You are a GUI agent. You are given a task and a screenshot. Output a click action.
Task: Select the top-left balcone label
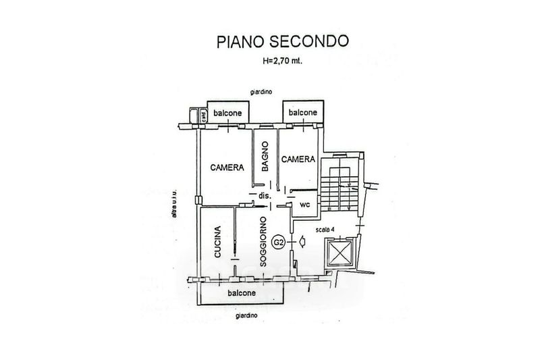point(228,113)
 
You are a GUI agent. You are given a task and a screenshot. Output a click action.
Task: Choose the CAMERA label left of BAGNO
point(226,168)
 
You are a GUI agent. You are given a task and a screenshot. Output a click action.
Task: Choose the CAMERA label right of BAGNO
point(298,159)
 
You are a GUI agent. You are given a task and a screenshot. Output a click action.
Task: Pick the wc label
point(304,205)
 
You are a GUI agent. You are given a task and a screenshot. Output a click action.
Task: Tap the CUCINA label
point(217,242)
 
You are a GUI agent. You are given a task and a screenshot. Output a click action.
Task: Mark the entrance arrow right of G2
point(301,240)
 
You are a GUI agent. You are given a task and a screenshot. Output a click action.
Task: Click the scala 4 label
point(328,230)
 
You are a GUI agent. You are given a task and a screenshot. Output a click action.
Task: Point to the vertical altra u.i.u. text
point(174,203)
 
